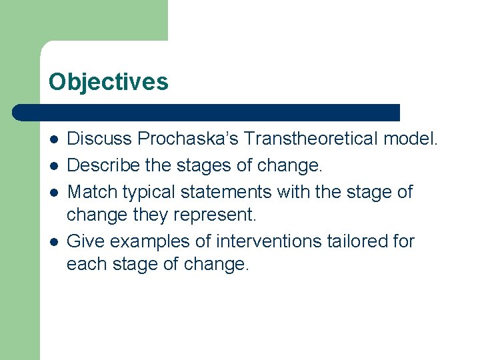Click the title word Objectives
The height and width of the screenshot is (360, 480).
108,82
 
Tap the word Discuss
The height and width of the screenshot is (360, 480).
100,139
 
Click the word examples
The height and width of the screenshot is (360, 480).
143,241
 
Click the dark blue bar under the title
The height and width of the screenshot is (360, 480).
207,112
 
